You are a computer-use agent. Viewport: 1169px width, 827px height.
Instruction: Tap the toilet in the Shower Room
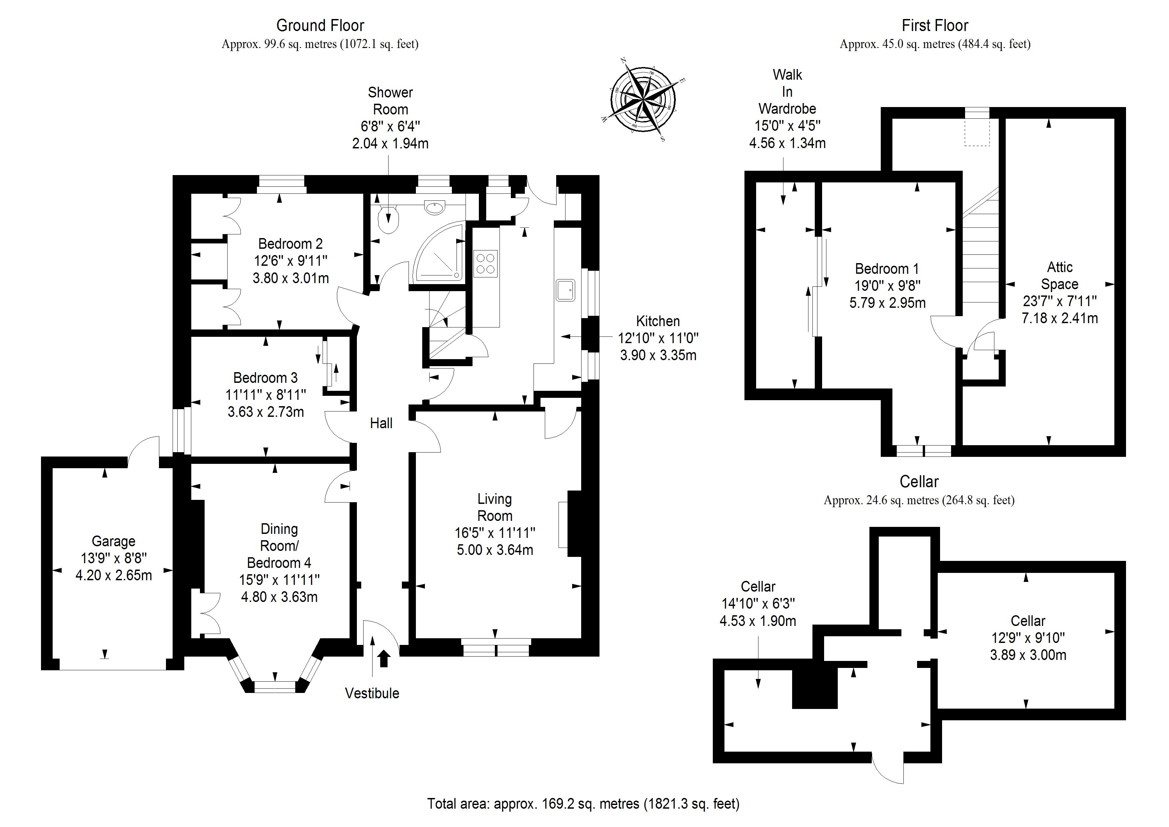[x=390, y=220]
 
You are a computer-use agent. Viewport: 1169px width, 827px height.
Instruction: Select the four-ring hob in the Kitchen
[x=485, y=263]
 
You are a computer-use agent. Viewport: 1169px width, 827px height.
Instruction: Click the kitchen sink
[x=565, y=290]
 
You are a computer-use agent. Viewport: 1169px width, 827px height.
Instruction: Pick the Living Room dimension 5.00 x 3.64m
[x=495, y=550]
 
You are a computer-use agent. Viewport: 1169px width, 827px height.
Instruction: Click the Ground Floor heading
[x=320, y=25]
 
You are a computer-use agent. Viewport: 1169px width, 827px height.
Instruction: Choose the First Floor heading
[x=935, y=25]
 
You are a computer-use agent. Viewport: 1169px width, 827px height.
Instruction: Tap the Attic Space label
[x=1060, y=276]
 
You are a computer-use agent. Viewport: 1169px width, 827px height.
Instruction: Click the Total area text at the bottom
[x=583, y=804]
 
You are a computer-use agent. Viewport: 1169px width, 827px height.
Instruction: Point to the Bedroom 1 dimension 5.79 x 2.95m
[x=887, y=303]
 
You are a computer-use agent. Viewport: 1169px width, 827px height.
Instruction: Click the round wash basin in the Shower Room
[x=434, y=206]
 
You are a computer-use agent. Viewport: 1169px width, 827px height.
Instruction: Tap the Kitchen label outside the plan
[x=658, y=321]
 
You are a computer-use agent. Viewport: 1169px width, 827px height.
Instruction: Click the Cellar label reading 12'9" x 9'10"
[x=1028, y=638]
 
